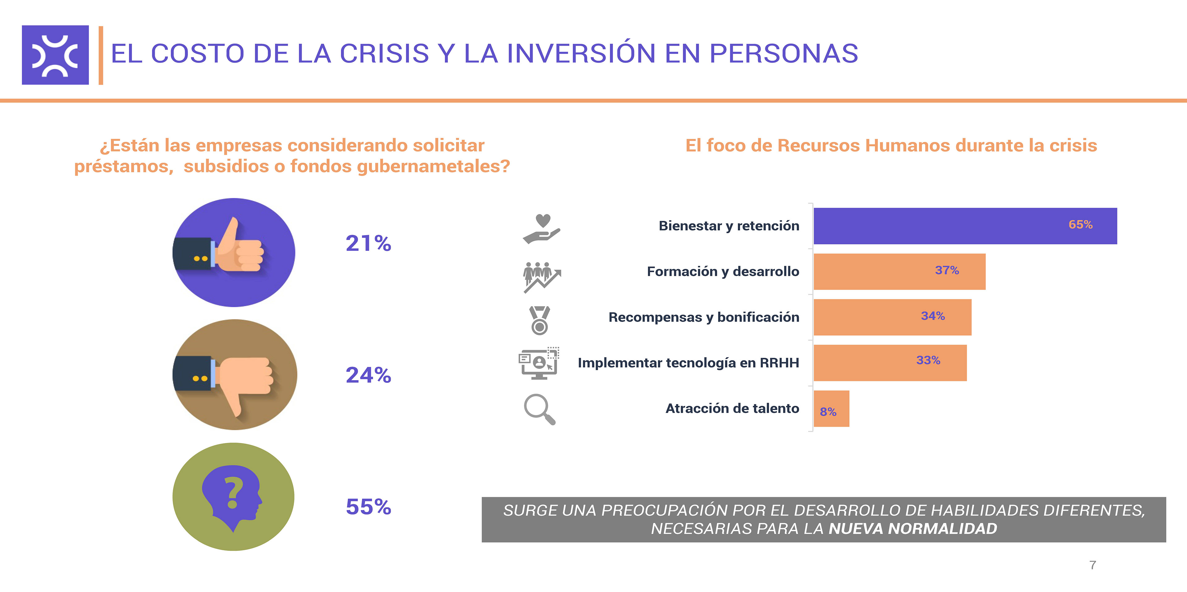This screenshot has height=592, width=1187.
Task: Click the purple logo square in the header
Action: coord(55,55)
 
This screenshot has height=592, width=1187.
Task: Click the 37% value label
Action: coord(947,270)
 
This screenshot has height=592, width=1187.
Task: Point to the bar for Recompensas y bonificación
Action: coord(892,317)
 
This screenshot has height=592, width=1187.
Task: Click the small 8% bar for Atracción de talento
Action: coord(831,409)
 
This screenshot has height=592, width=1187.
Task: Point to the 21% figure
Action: coord(368,243)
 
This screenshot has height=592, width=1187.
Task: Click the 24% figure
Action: coord(368,375)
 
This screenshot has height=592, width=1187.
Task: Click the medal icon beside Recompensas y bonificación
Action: coord(540,320)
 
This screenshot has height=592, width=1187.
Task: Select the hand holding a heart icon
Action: coord(542,229)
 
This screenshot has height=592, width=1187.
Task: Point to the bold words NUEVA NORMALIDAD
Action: coord(913,528)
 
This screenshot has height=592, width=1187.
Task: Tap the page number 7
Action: coord(1092,565)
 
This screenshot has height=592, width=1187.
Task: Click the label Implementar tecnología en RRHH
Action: coord(688,363)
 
